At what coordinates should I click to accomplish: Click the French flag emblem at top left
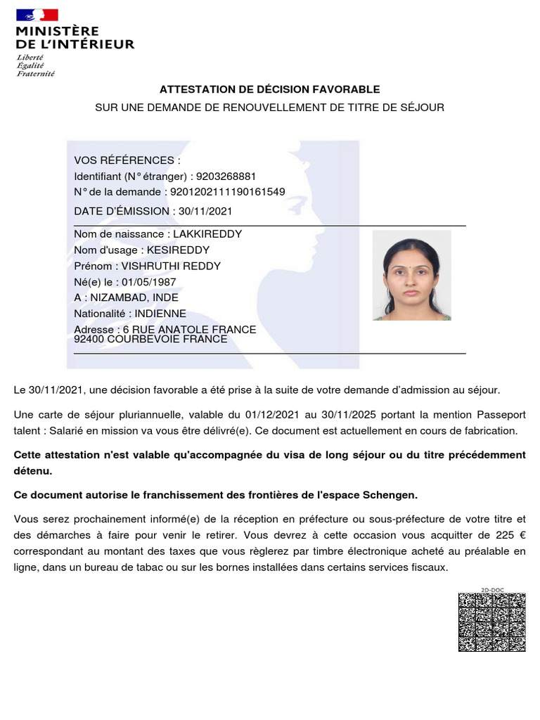pyautogui.click(x=37, y=15)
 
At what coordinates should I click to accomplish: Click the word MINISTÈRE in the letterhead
pyautogui.click(x=57, y=32)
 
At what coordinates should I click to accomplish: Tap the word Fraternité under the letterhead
pyautogui.click(x=36, y=73)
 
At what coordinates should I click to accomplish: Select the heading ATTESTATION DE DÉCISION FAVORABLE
pyautogui.click(x=269, y=89)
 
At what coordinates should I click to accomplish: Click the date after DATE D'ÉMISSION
pyautogui.click(x=205, y=211)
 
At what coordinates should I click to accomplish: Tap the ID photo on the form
pyautogui.click(x=411, y=276)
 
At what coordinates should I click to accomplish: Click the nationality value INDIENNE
pyautogui.click(x=160, y=314)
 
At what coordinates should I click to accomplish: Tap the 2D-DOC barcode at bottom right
pyautogui.click(x=491, y=622)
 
